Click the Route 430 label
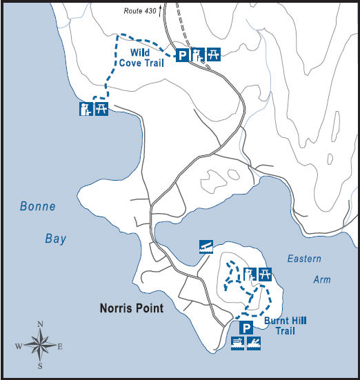click(x=140, y=12)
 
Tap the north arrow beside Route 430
click(x=161, y=10)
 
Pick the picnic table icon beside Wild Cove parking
click(x=214, y=54)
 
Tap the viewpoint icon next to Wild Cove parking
click(x=197, y=55)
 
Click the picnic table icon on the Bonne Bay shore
click(x=101, y=108)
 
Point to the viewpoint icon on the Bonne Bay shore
click(x=86, y=109)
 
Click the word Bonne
click(x=37, y=206)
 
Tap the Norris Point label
click(x=130, y=308)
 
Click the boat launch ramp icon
click(x=204, y=246)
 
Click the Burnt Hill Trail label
click(x=285, y=326)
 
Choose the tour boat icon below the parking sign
click(x=238, y=342)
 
